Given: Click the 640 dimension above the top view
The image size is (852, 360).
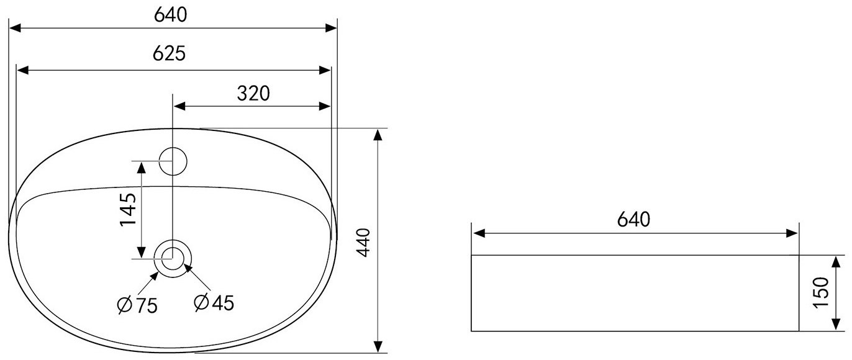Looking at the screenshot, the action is (170, 15).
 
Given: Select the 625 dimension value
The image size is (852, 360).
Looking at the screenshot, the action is (170, 53).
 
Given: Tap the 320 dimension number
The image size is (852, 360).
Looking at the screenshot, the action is (253, 94).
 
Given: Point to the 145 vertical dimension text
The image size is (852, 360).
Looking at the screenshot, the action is (128, 210).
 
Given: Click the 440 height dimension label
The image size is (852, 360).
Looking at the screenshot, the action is (364, 243).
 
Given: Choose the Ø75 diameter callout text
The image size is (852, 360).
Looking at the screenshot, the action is (137, 305).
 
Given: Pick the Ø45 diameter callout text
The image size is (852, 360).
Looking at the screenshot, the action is (214, 303).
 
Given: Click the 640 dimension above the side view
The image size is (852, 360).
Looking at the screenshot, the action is (633, 220).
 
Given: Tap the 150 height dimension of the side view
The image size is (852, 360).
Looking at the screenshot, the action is (821, 293).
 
